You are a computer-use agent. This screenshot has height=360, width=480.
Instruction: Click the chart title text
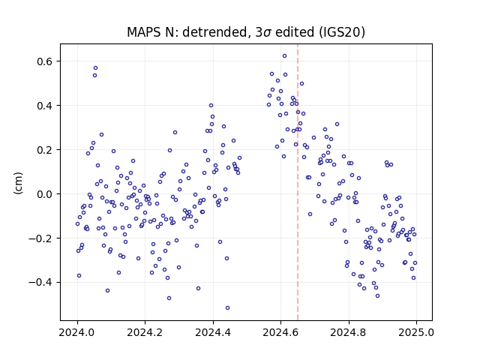point(246,32)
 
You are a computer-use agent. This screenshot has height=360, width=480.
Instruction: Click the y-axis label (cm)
point(18,183)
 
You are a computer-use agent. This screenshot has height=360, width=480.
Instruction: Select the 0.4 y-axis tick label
point(45,106)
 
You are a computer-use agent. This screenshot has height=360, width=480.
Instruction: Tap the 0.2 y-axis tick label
point(45,150)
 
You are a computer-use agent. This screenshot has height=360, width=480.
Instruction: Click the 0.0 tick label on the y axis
point(45,194)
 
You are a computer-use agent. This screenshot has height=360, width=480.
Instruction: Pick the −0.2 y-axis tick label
point(41,238)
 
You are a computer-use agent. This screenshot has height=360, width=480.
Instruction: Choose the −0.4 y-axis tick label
point(41,282)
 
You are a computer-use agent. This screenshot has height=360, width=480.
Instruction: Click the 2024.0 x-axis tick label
point(77,332)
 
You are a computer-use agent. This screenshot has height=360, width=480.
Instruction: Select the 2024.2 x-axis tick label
point(145,332)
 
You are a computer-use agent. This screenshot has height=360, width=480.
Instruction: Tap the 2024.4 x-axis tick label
point(213,332)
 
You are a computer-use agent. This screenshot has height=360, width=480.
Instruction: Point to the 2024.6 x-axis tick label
point(280,332)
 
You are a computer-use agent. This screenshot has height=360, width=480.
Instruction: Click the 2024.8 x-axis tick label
point(348,332)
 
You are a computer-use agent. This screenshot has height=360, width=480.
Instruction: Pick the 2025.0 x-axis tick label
point(416,332)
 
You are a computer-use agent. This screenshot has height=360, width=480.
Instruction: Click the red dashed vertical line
point(298,182)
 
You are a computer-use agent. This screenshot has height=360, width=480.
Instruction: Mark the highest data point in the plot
point(284,56)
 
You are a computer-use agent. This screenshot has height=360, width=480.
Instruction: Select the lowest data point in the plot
point(227,308)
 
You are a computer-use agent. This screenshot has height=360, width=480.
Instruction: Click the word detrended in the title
point(215,32)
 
